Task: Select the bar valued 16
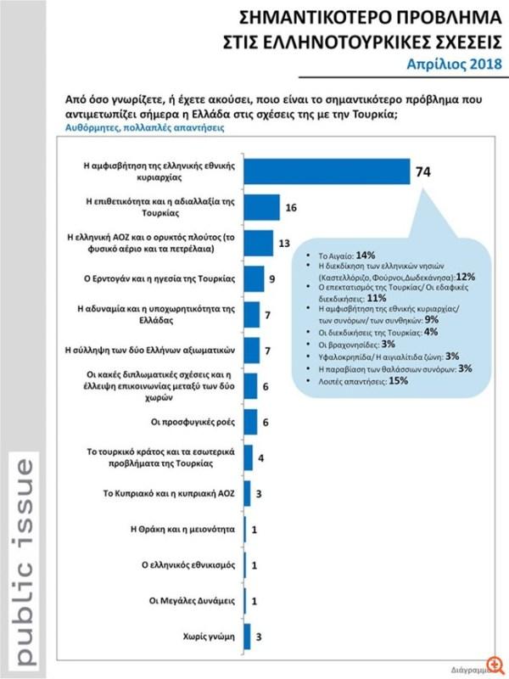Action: [262, 207]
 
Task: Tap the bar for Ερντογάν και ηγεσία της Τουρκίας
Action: [254, 278]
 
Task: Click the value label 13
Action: [285, 243]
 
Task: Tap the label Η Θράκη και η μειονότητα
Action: [179, 528]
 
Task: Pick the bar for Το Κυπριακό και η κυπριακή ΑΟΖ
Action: [247, 492]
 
